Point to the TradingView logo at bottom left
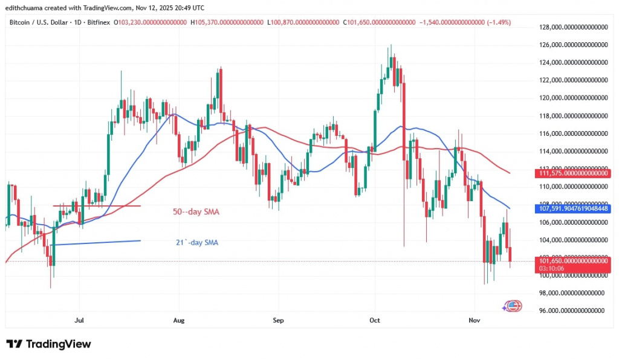(48, 344)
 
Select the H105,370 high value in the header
(227, 22)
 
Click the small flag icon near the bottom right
(513, 306)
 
